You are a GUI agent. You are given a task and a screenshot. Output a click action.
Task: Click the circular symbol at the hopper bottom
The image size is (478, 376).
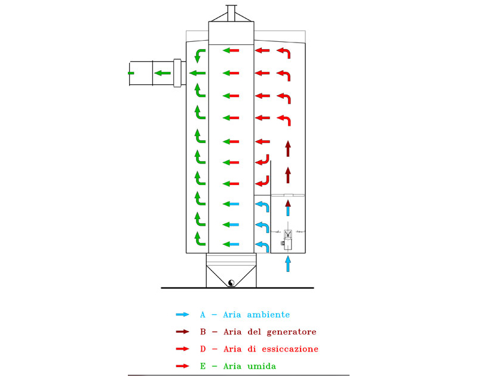pyautogui.click(x=231, y=283)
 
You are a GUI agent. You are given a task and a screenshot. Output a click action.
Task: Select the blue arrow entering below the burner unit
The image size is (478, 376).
pyautogui.click(x=288, y=263)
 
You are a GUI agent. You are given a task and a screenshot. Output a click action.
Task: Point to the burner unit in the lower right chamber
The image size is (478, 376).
pyautogui.click(x=288, y=239)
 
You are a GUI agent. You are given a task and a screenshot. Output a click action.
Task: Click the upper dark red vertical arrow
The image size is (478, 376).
pyautogui.click(x=288, y=147)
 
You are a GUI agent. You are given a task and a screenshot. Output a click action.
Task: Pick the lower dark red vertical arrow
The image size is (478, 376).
pyautogui.click(x=288, y=175)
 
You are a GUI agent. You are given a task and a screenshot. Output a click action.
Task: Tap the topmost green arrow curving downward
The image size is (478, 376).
pyautogui.click(x=198, y=55)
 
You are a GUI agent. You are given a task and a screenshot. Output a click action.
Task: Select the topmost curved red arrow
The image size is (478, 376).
pyautogui.click(x=284, y=54)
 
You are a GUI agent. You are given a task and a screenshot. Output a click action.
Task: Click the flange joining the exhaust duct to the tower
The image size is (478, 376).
pyautogui.click(x=177, y=72)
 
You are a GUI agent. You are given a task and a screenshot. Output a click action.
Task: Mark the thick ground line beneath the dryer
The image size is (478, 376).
pyautogui.click(x=237, y=288)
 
